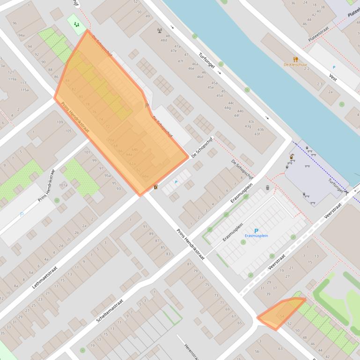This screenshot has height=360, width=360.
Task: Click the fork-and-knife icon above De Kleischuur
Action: click(295, 59)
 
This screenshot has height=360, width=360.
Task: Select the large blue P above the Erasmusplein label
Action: click(256, 231)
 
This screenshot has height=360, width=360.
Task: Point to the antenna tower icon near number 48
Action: click(160, 31)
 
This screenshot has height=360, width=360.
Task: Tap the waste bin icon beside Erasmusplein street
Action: click(267, 187)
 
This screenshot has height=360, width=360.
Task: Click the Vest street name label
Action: click(333, 77)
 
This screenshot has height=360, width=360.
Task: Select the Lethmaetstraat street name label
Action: click(45, 270)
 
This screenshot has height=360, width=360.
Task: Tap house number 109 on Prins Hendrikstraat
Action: click(59, 122)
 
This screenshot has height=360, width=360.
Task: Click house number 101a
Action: click(63, 185)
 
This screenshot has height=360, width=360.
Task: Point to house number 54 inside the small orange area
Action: click(282, 317)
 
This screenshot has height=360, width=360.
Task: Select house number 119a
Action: click(12, 79)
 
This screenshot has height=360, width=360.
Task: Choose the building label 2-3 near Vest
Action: click(320, 84)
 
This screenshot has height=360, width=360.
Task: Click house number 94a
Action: click(22, 35)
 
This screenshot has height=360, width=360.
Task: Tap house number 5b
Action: click(257, 351)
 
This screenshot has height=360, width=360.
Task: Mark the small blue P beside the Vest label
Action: click(334, 67)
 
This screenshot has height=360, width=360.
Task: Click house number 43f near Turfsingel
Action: click(257, 135)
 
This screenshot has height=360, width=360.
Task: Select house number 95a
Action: click(108, 176)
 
